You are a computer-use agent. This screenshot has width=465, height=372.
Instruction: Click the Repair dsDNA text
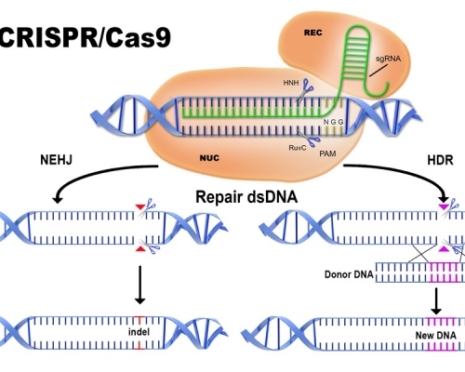[237, 197]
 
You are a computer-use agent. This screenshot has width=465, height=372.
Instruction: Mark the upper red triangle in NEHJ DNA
[139, 206]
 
